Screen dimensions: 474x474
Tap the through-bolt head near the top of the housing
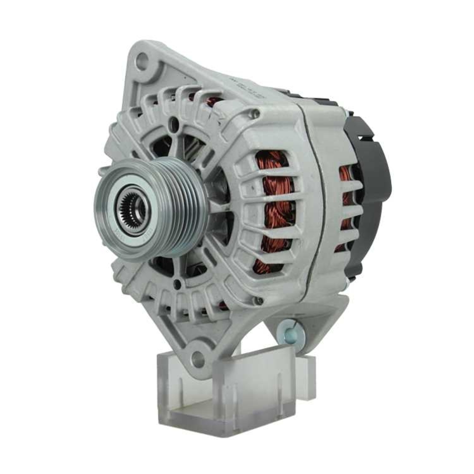255,113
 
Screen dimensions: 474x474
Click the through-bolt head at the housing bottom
259,301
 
